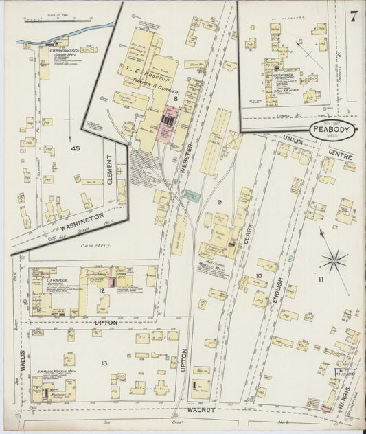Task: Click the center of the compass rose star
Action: point(334,262)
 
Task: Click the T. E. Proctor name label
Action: point(147,78)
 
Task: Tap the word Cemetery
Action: point(96,245)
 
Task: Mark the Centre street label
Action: point(341,155)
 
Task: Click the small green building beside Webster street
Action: point(190,196)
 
